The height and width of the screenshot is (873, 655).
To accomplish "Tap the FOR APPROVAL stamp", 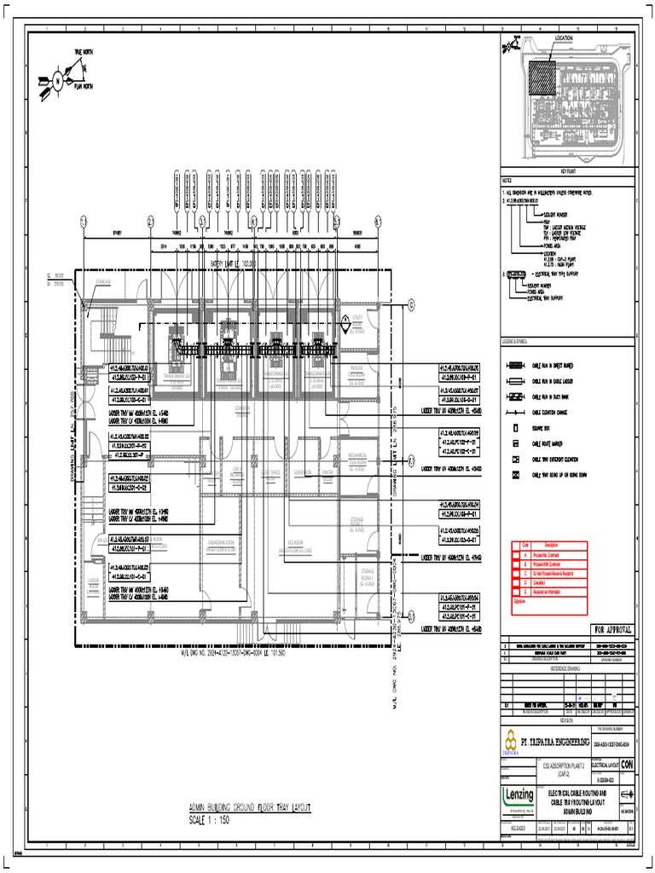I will tap(607, 630).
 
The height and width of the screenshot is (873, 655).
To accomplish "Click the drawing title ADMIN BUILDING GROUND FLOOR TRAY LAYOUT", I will tap(250, 807).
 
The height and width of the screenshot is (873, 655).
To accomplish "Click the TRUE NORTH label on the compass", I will tap(83, 53).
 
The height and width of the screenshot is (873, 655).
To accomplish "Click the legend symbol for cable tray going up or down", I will tap(515, 474).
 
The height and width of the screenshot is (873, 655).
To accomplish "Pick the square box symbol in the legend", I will tap(515, 428).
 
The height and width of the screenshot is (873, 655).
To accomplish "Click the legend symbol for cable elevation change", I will tap(515, 412).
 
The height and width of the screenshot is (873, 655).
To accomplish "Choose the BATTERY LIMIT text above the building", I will tap(233, 263).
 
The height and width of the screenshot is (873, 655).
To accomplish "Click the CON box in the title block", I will tap(628, 765).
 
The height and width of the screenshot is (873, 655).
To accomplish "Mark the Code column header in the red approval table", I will tap(525, 545).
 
